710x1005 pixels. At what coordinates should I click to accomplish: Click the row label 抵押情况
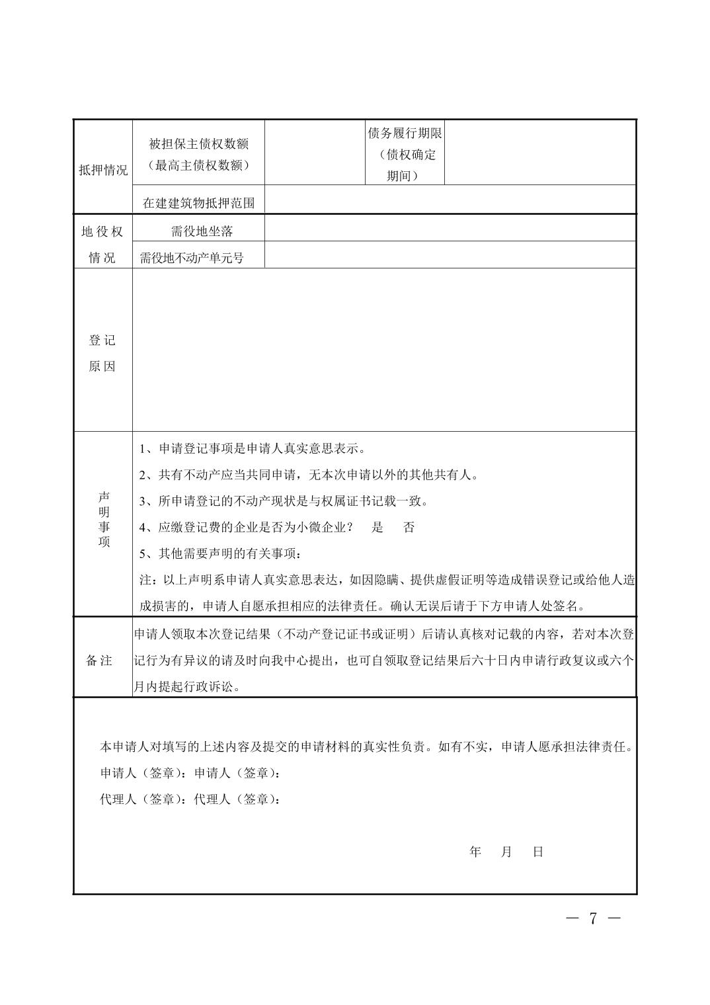tap(103, 170)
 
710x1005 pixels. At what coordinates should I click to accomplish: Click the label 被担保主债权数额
tap(199, 144)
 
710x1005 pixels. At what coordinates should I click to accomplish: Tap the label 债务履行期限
tap(405, 134)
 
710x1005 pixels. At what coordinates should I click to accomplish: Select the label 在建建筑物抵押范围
tap(199, 203)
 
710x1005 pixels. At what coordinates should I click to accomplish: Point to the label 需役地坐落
tap(202, 231)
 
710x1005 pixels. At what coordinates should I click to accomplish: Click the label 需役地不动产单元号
tap(192, 258)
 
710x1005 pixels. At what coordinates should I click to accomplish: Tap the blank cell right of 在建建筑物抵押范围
tap(450, 200)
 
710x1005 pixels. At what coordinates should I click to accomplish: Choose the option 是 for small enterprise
tap(377, 527)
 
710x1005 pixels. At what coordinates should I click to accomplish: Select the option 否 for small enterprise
tap(409, 527)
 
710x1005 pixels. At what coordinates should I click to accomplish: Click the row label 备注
tap(100, 661)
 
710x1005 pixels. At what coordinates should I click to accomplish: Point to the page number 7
tap(593, 918)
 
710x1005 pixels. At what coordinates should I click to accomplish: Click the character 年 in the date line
tap(475, 852)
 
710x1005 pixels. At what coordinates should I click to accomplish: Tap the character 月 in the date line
tap(506, 852)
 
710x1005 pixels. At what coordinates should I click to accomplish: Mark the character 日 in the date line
tap(538, 852)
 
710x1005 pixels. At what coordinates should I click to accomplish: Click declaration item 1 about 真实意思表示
tap(252, 449)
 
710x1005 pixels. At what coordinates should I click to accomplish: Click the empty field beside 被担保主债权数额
tap(315, 152)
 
